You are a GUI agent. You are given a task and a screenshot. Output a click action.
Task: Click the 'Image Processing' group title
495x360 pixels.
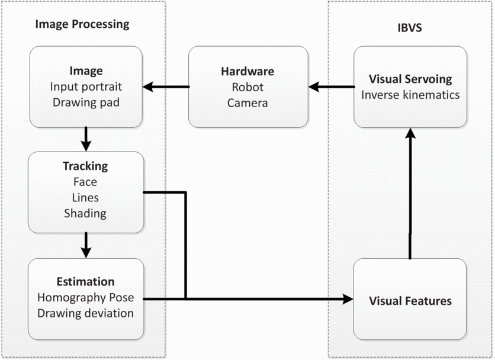coord(82,24)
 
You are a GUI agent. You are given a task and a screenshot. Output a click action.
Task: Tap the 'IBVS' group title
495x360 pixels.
coord(410,28)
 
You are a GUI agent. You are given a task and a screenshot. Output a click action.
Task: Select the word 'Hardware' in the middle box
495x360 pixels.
coord(247,72)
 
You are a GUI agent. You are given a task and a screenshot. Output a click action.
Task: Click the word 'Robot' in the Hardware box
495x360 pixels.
coord(247,87)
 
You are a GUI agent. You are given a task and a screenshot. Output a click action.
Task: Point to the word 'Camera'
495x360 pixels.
coord(247,102)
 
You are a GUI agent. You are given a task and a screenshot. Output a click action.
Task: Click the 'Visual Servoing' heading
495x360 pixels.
coord(410,79)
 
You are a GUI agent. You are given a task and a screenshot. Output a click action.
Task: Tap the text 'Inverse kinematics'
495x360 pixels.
coord(410,95)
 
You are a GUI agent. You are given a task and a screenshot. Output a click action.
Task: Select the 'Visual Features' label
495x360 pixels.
coord(410,301)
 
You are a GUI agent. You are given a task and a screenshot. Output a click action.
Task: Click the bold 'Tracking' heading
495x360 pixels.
coord(86,167)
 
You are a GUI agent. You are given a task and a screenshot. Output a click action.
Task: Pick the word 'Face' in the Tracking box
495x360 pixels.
coord(86,182)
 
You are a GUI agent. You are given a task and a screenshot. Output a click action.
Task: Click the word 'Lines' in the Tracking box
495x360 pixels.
coord(86,198)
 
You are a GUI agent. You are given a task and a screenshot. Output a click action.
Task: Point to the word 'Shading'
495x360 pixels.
coord(86,213)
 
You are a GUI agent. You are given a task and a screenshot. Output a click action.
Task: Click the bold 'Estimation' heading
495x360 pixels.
coord(86,282)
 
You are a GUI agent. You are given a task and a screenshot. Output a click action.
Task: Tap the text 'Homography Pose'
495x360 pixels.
coord(86,297)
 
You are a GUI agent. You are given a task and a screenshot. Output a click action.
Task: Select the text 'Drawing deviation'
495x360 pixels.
coord(86,313)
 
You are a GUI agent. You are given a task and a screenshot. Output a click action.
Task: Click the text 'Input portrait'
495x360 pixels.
coord(86,87)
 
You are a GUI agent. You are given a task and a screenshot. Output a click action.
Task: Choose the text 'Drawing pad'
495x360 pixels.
coord(86,102)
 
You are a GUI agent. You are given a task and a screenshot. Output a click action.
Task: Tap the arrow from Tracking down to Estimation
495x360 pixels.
coord(86,245)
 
